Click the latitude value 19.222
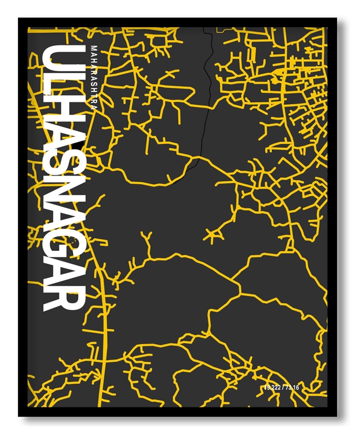click(x=274, y=388)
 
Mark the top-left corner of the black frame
click(x=20, y=19)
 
